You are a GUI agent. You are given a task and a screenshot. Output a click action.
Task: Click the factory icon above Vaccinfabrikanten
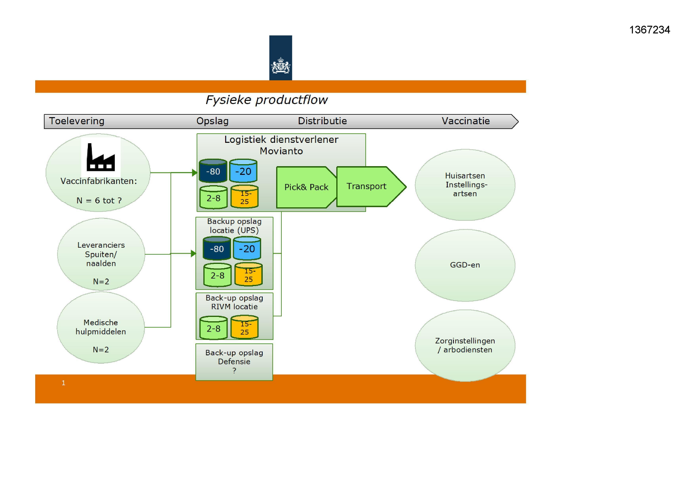(100, 157)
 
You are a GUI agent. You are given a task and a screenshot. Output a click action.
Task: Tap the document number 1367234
(649, 30)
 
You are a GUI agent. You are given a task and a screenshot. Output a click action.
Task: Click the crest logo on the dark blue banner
(281, 66)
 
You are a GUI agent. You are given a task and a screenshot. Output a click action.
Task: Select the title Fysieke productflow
(266, 100)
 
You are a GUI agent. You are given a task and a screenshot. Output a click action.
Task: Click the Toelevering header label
(76, 121)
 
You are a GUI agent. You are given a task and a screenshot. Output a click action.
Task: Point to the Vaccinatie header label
(465, 121)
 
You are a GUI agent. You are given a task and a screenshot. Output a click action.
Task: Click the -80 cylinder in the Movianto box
(213, 171)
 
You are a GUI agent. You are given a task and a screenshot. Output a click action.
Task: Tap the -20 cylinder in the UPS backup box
(247, 249)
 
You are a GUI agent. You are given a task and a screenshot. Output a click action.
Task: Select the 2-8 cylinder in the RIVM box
(213, 328)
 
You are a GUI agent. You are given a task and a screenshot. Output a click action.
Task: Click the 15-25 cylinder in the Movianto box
(245, 197)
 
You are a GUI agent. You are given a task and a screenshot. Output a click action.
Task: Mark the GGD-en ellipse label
(465, 265)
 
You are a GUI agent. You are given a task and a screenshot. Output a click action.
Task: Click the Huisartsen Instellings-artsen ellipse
(465, 185)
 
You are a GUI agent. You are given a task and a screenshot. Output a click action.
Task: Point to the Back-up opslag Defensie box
(234, 362)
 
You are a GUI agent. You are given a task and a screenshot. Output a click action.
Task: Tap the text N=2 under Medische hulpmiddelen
(100, 350)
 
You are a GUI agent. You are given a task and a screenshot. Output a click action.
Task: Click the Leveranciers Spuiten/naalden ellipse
(101, 254)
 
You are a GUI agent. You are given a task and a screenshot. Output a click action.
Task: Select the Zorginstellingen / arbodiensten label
(465, 345)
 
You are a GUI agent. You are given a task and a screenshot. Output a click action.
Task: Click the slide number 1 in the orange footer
(63, 383)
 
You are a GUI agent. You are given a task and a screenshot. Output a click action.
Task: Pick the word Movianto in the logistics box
(281, 151)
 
